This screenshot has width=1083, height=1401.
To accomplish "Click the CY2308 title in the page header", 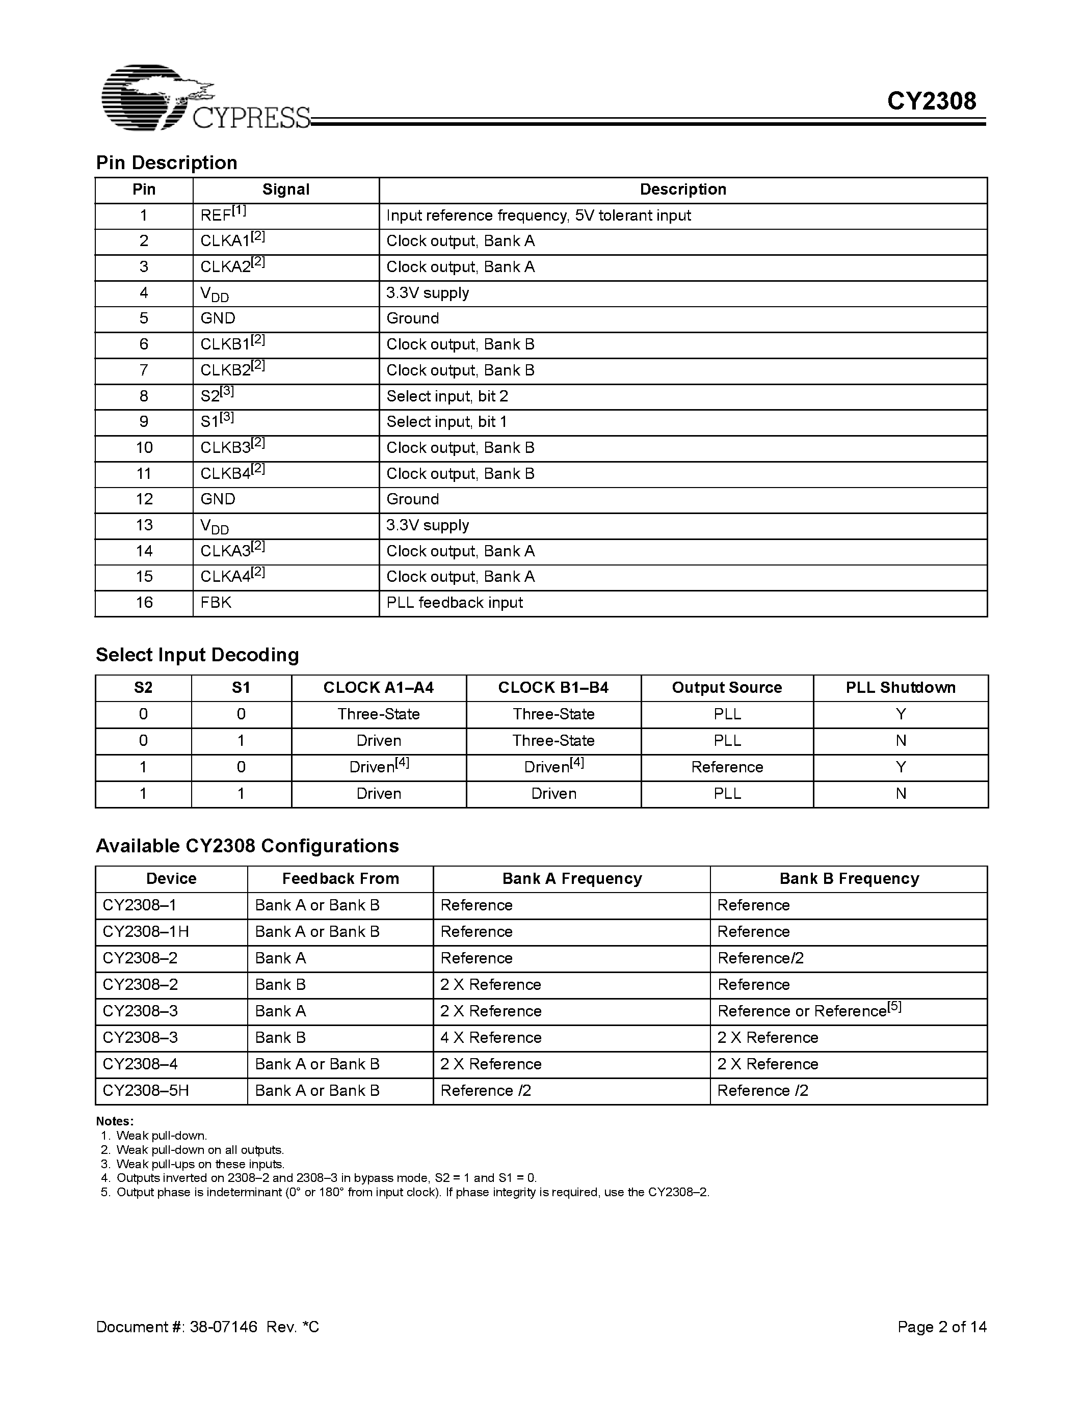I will [x=931, y=101].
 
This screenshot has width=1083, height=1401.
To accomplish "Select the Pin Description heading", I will [x=167, y=163].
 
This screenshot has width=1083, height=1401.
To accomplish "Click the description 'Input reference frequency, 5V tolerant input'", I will [x=538, y=215].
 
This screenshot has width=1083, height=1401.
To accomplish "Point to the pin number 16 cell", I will [x=144, y=602].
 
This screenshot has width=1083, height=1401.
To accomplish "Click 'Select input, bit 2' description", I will [x=447, y=396].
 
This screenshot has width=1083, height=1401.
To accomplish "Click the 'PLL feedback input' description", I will [x=454, y=602].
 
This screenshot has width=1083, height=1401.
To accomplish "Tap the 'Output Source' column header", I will [x=726, y=688].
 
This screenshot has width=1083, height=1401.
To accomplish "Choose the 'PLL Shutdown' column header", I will [x=900, y=688].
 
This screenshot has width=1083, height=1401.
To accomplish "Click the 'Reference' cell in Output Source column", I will [x=726, y=767].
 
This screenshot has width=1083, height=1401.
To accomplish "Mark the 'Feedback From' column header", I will [x=340, y=879].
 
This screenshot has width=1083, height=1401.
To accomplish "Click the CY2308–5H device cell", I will [x=146, y=1091].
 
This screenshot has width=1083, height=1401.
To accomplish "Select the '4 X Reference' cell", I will [x=491, y=1037].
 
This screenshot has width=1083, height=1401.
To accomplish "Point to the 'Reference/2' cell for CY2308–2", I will [x=760, y=958].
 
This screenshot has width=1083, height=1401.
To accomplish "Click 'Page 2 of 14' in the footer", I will [x=941, y=1327].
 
